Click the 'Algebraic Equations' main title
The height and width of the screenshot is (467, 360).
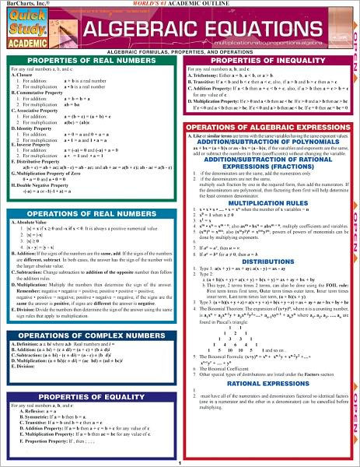198,30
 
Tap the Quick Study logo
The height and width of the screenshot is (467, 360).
28,24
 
